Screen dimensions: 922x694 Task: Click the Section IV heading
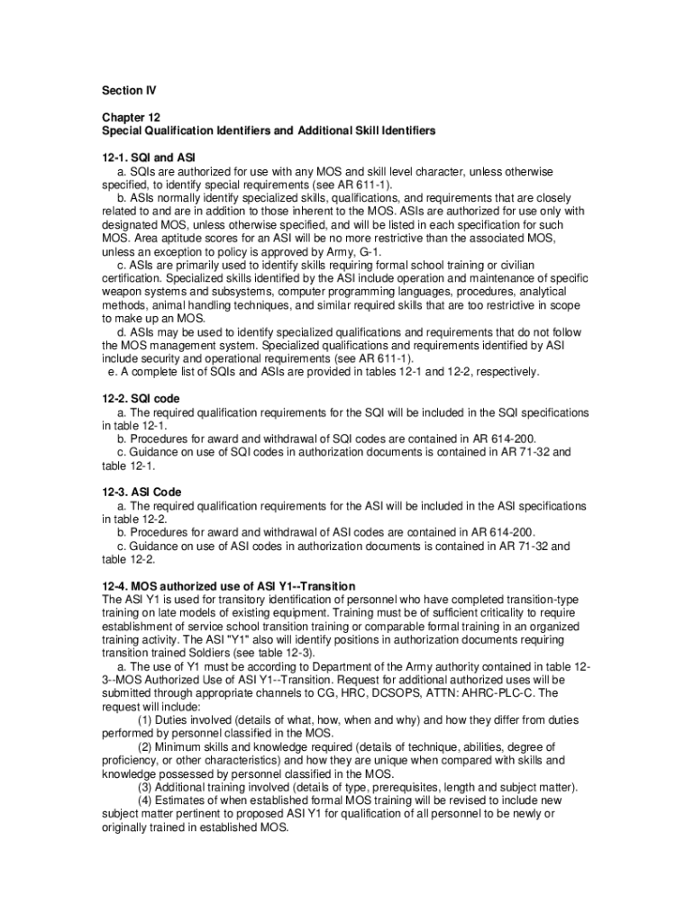(122, 91)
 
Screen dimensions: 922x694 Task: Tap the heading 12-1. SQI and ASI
(149, 157)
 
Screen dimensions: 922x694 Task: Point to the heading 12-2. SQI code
(142, 399)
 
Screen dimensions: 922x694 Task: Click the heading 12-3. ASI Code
(142, 493)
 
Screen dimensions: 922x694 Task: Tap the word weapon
(123, 292)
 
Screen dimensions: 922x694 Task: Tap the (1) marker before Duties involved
(145, 720)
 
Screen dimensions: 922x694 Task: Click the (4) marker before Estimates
(145, 800)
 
